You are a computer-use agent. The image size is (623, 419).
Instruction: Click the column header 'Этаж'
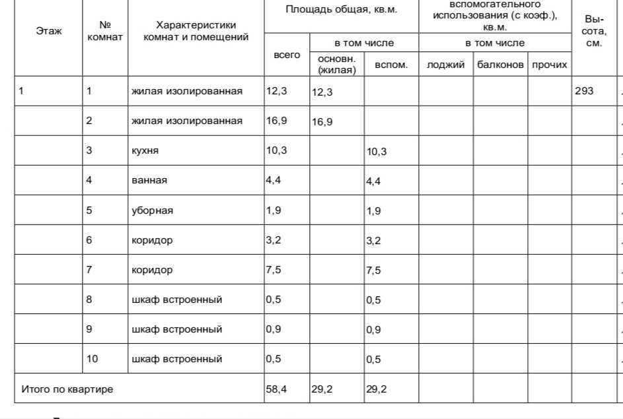tap(48, 31)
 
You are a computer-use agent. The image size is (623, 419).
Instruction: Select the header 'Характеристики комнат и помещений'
tap(196, 31)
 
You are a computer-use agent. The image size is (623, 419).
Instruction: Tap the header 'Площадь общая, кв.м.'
tap(341, 11)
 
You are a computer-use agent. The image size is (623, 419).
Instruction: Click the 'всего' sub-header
tap(287, 55)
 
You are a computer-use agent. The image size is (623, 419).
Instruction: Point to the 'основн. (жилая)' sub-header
tap(337, 65)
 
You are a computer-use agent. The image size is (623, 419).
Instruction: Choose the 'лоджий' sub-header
tap(446, 65)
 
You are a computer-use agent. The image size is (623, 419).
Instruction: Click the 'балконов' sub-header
tap(500, 65)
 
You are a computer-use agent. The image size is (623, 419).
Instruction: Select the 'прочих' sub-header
tap(549, 65)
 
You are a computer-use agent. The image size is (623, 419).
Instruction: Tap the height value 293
tap(584, 91)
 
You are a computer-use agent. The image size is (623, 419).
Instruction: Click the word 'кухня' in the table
tap(145, 151)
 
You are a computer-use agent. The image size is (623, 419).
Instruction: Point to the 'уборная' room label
tap(152, 210)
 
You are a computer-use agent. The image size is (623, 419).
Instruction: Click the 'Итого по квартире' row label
tap(67, 389)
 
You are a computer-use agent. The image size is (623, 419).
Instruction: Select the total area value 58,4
tap(276, 389)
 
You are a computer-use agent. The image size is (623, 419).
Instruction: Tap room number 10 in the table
tap(92, 359)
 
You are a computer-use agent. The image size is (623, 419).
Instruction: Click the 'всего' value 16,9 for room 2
tap(276, 121)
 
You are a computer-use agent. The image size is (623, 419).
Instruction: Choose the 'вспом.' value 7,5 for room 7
tap(373, 271)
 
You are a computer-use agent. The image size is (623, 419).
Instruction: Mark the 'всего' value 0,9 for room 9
tap(273, 329)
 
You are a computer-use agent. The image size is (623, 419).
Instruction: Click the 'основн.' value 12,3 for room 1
tap(322, 92)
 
